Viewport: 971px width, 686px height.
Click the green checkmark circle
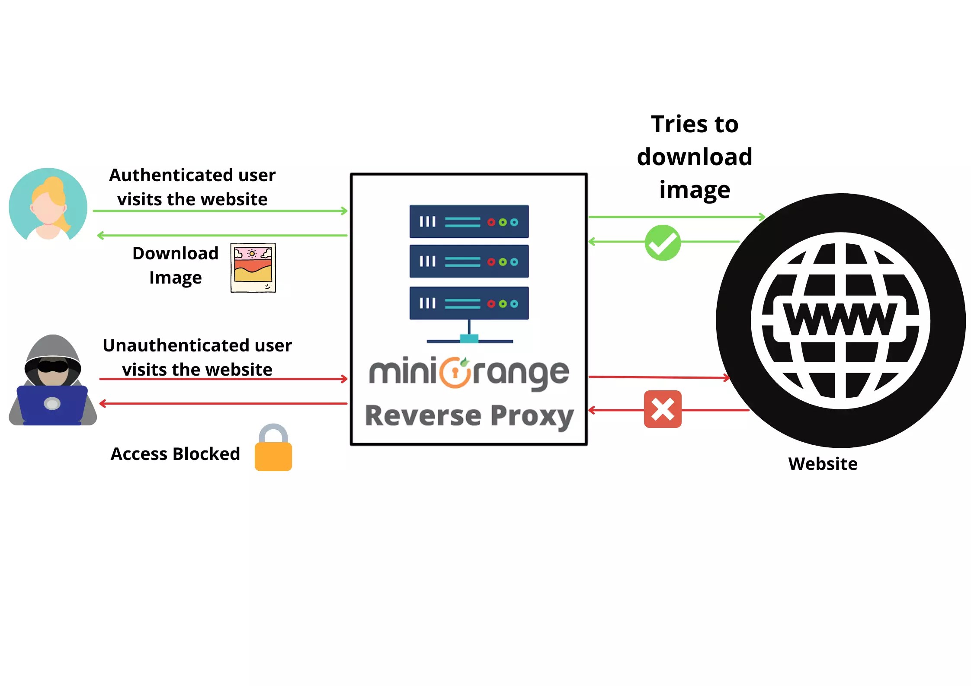pyautogui.click(x=662, y=242)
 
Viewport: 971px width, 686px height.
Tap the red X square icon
pyautogui.click(x=662, y=409)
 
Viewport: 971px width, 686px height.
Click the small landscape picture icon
pyautogui.click(x=253, y=268)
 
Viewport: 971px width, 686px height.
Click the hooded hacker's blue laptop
pyautogui.click(x=52, y=405)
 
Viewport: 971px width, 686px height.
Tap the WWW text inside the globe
pyautogui.click(x=840, y=319)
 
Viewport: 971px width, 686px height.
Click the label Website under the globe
pyautogui.click(x=822, y=464)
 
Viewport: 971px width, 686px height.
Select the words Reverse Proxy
pyautogui.click(x=469, y=416)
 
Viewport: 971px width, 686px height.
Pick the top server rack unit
pyautogui.click(x=469, y=222)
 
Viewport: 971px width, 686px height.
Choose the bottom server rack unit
pyautogui.click(x=469, y=303)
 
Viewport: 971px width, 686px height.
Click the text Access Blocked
pyautogui.click(x=175, y=454)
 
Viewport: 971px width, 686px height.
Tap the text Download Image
pyautogui.click(x=175, y=265)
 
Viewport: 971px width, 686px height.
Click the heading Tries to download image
pyautogui.click(x=694, y=156)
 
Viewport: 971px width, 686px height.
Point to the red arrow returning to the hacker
pyautogui.click(x=223, y=404)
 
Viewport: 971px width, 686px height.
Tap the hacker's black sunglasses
pyautogui.click(x=53, y=367)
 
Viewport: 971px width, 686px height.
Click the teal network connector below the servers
pyautogui.click(x=469, y=338)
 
